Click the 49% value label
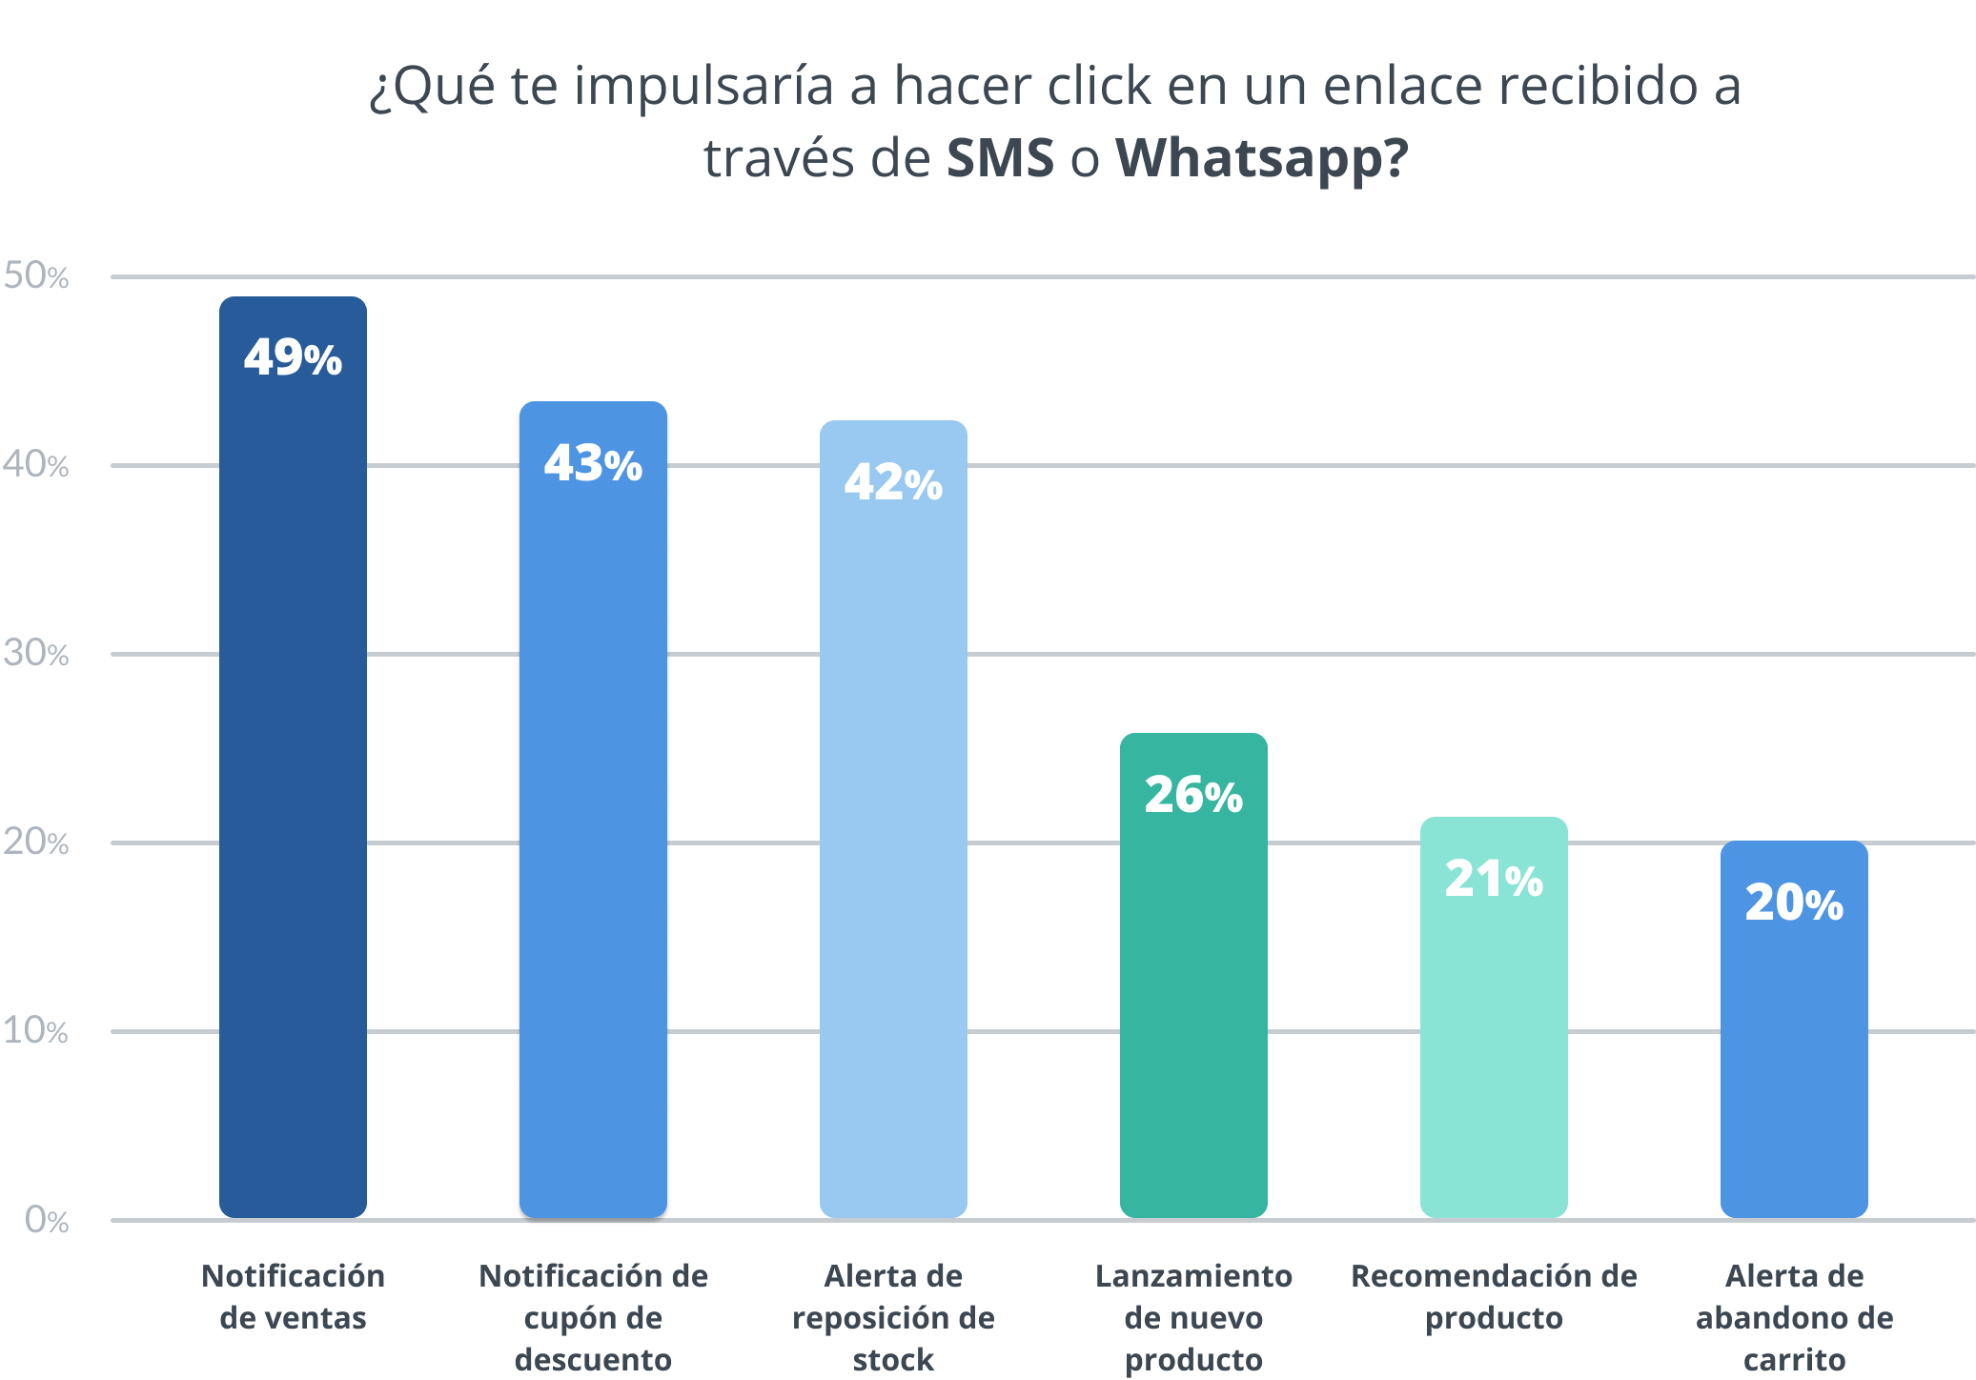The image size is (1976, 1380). [293, 358]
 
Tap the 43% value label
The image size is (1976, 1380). [593, 464]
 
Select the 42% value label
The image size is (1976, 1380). [893, 482]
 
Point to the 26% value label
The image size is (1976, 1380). [1193, 795]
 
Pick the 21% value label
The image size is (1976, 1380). [1494, 879]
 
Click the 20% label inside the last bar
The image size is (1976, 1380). [1794, 903]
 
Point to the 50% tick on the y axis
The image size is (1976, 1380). [36, 276]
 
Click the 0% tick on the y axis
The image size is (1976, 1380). [47, 1220]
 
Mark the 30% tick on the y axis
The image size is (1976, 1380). [36, 654]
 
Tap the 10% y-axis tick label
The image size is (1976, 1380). [36, 1031]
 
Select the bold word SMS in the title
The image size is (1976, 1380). [1000, 158]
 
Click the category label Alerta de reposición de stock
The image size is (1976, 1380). [893, 1317]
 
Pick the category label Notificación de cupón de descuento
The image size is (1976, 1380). [593, 1317]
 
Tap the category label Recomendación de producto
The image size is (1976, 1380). [1494, 1296]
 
